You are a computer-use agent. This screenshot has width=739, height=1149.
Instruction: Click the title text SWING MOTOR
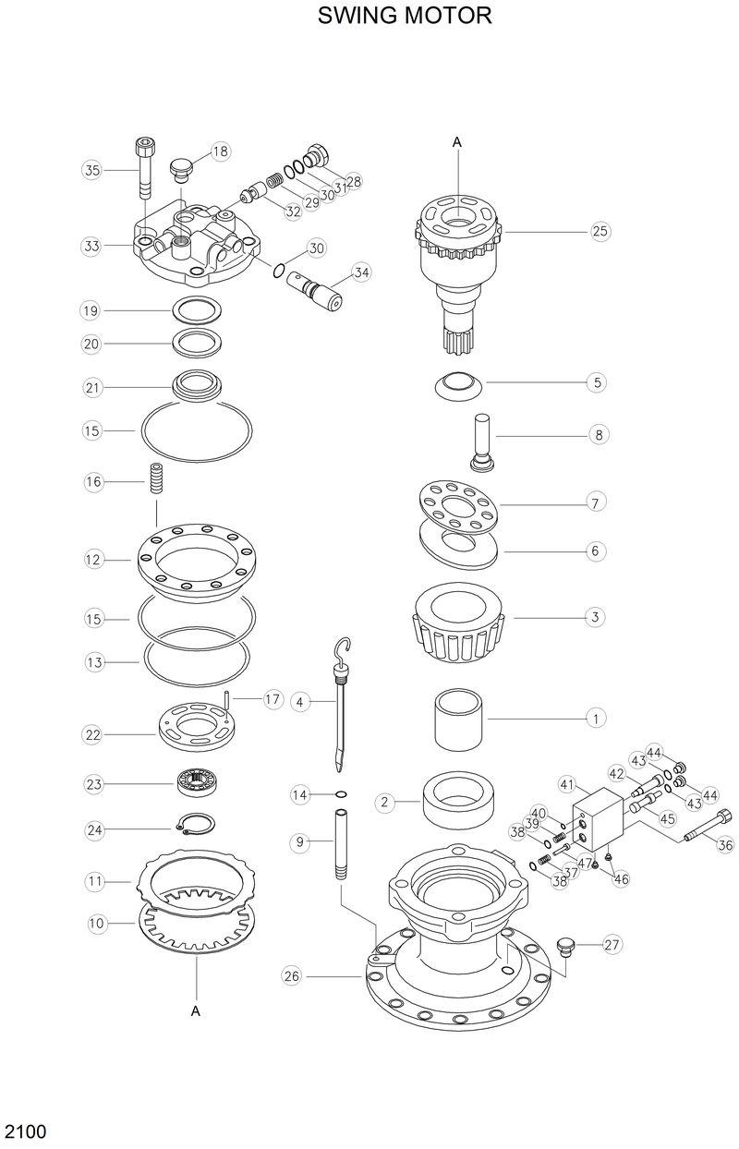coord(405,16)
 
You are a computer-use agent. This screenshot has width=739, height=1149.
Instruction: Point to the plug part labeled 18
coord(181,168)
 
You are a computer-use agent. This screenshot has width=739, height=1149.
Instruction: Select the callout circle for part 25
coord(600,231)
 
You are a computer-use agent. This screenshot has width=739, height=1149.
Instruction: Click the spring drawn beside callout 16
coord(156,482)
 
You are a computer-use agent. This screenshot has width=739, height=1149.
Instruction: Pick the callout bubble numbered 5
coord(598,381)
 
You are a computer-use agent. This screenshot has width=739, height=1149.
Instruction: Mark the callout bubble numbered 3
coord(596,616)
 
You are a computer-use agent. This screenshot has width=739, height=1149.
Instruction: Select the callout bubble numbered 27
coord(612,944)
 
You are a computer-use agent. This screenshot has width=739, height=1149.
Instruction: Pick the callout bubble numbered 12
coord(92,560)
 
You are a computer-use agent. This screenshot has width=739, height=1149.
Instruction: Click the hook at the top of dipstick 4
coord(345,647)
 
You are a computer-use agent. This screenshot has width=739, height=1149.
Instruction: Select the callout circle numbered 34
coord(360,272)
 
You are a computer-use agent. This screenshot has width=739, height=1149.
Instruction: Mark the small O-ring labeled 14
coord(341,793)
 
